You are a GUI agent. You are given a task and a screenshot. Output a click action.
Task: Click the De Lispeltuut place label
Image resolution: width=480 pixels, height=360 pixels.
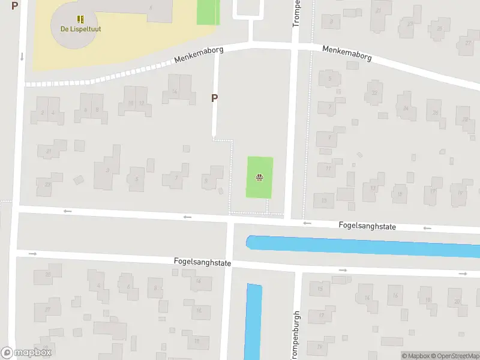tap(80, 29)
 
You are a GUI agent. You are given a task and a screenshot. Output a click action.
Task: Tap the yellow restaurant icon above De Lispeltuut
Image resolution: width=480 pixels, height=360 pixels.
tap(80, 19)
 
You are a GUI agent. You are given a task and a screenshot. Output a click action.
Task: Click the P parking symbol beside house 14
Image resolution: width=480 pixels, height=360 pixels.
tap(214, 98)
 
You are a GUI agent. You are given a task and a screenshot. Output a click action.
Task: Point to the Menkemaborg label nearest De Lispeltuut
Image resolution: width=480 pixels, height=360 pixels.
tap(199, 55)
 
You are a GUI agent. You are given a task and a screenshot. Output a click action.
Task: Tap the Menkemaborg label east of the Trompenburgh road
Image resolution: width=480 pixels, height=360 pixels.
tap(347, 53)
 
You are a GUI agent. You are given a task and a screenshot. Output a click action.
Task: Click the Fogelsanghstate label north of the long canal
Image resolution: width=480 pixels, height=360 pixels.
tap(368, 226)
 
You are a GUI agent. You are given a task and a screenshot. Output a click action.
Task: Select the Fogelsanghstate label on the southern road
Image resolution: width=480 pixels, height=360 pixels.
tap(202, 263)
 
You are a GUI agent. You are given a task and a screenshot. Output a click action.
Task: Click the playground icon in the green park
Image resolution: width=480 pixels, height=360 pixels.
tap(259, 177)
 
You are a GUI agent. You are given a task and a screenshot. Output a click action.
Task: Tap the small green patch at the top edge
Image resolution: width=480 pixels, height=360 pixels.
tap(208, 12)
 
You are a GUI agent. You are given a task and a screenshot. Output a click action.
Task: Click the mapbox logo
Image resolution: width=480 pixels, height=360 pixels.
tap(26, 353)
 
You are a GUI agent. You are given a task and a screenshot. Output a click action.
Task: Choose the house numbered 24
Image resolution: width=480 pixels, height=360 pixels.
tap(407, 109)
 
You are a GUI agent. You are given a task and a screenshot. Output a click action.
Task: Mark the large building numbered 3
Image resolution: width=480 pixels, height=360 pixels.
tap(107, 170)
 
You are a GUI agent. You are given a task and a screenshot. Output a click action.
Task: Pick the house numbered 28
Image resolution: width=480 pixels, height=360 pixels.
tap(464, 118)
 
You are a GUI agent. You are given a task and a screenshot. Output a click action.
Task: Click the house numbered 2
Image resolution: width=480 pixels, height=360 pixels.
tap(41, 112)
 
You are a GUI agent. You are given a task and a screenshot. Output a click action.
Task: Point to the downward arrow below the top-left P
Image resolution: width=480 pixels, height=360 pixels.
tap(22, 56)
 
